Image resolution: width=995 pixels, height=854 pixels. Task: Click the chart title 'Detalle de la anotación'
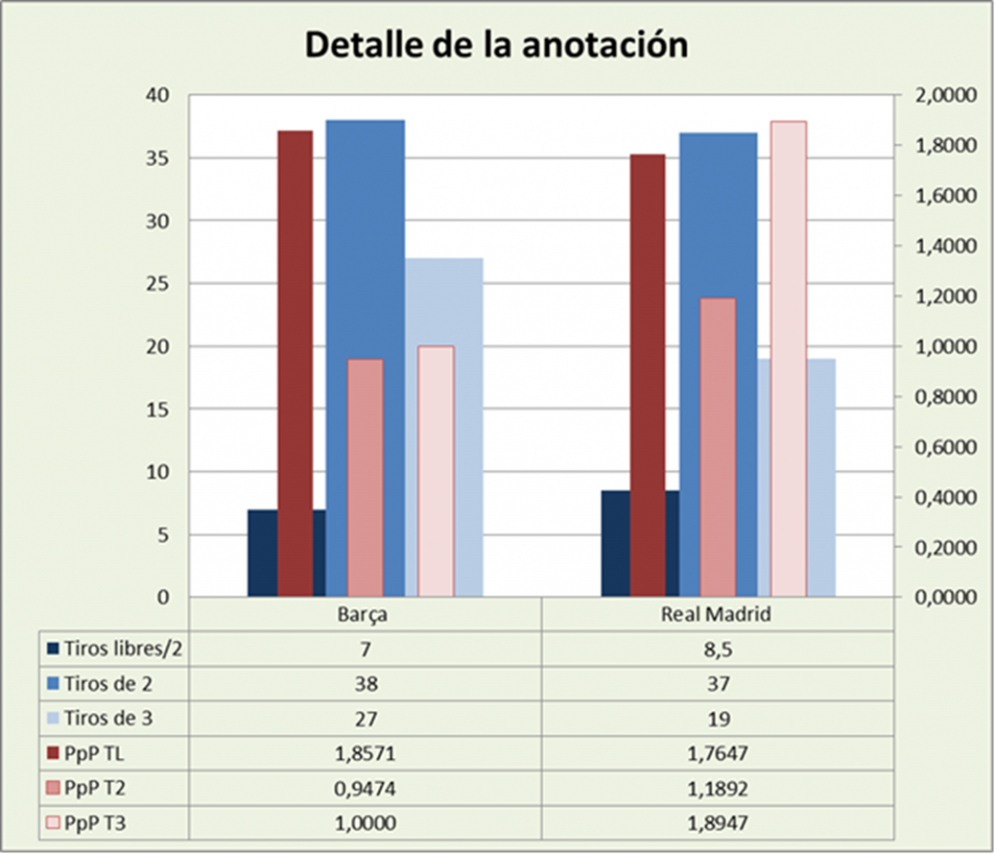pyautogui.click(x=497, y=45)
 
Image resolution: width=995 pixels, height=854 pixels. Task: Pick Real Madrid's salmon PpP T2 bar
pyautogui.click(x=718, y=447)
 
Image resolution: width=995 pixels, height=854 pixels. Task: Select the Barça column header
pyautogui.click(x=364, y=616)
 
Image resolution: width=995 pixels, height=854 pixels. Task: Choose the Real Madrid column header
pyautogui.click(x=715, y=616)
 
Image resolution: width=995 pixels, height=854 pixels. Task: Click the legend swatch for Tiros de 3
pyautogui.click(x=53, y=718)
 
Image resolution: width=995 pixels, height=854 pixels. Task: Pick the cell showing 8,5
pyautogui.click(x=715, y=649)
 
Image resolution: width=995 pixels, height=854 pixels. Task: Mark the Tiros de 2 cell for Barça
pyautogui.click(x=364, y=683)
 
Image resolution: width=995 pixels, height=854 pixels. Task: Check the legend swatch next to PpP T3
pyautogui.click(x=53, y=823)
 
